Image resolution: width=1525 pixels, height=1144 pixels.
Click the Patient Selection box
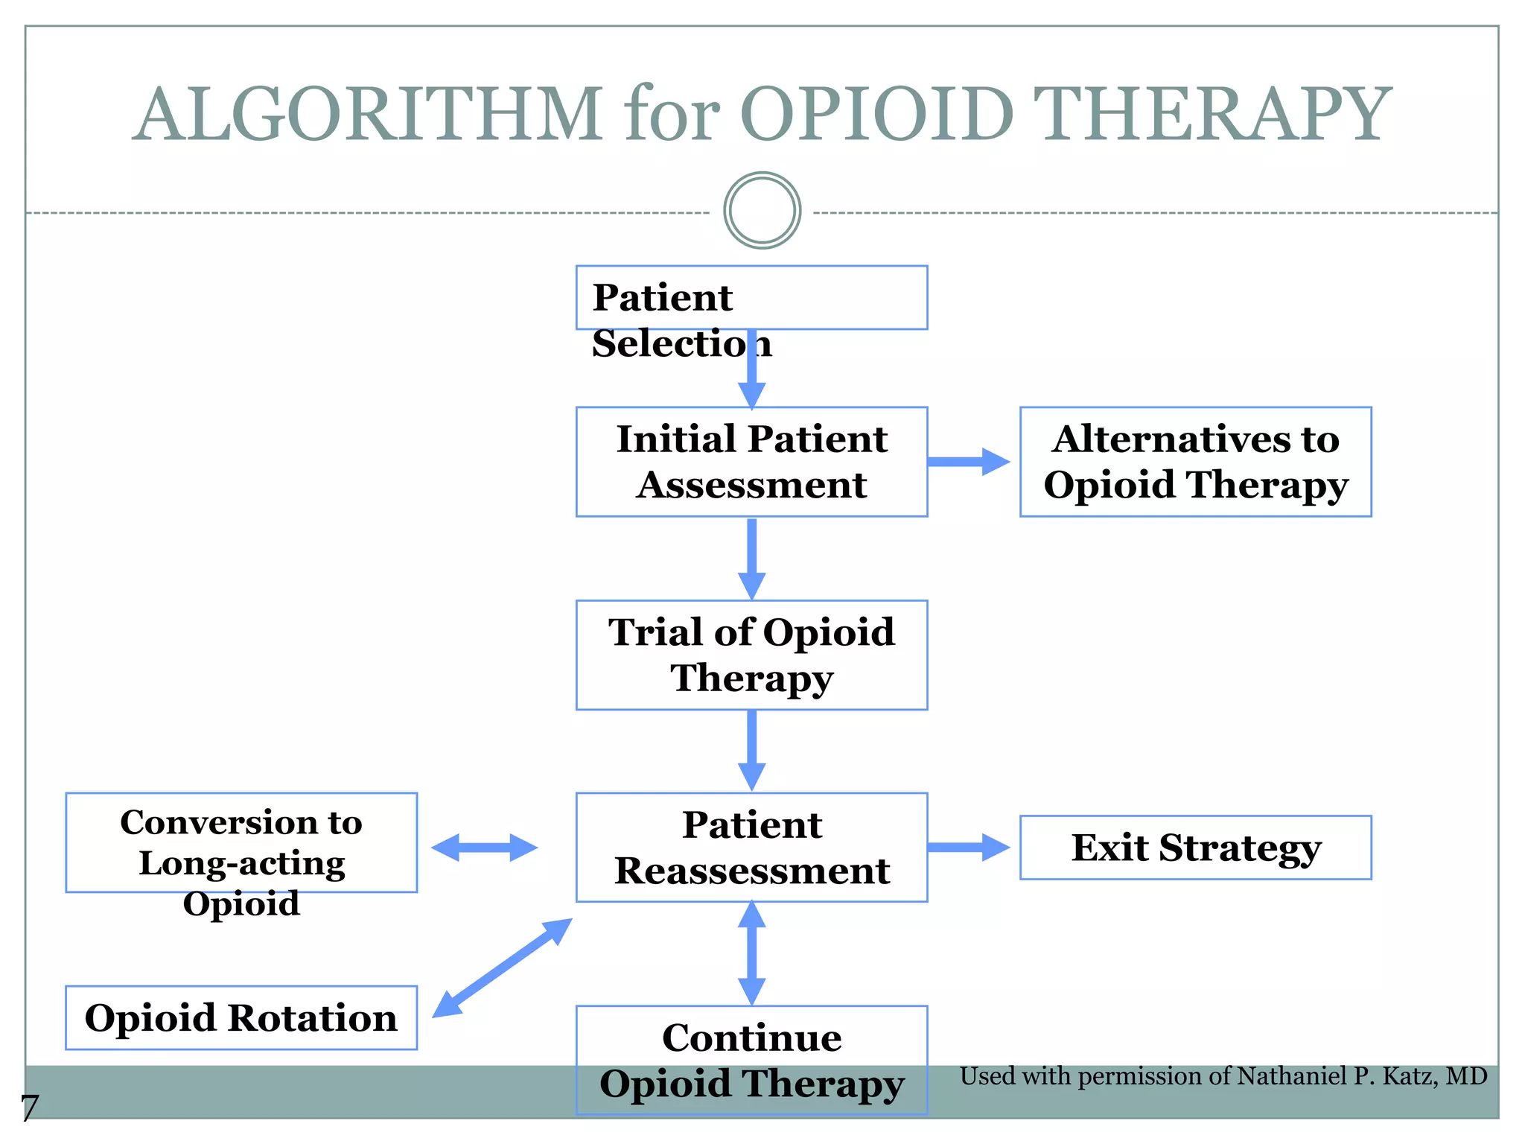tap(751, 298)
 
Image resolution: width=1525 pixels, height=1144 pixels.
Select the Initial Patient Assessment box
tap(751, 462)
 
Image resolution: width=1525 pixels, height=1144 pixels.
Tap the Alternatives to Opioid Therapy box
tap(1195, 462)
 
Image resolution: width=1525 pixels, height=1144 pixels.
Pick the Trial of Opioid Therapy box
tap(751, 655)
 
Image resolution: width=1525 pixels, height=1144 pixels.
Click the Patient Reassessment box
tap(751, 848)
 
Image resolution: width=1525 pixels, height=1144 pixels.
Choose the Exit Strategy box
tap(1195, 848)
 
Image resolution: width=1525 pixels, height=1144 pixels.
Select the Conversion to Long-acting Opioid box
tap(241, 843)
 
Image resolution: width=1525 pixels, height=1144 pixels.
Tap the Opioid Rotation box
tap(241, 1017)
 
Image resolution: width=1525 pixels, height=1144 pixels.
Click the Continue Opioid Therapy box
tap(751, 1060)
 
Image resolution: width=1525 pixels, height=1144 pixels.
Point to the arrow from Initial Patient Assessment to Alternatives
tap(968, 462)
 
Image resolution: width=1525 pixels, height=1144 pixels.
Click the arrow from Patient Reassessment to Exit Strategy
tap(968, 848)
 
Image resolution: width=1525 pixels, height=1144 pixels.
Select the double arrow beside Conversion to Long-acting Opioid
tap(484, 848)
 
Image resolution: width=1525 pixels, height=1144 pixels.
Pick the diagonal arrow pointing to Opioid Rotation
tap(503, 967)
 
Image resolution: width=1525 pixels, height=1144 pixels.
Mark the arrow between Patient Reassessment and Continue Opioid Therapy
tap(751, 953)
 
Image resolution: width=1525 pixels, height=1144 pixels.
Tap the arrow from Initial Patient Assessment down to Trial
tap(751, 559)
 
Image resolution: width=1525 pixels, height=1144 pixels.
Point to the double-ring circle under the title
tap(762, 211)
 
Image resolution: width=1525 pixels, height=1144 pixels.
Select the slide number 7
tap(30, 1108)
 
